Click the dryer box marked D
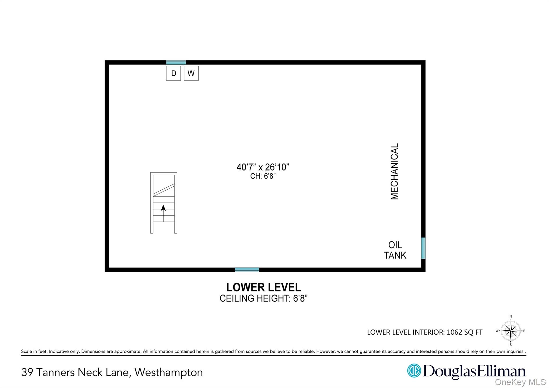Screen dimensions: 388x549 [x=173, y=73]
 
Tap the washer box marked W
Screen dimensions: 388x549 [x=191, y=73]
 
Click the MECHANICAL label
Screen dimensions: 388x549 [x=394, y=172]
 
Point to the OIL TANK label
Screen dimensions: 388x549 [x=395, y=250]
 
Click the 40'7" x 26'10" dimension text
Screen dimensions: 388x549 [x=263, y=167]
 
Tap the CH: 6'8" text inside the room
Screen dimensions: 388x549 [x=263, y=176]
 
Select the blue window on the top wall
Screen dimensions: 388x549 [x=176, y=62]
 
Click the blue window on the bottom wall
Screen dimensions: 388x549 [x=247, y=270]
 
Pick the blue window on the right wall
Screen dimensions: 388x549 [x=423, y=248]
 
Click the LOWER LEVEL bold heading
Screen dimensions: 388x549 [x=264, y=287]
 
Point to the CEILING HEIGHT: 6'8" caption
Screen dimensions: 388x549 [x=264, y=298]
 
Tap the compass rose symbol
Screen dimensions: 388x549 [x=511, y=331]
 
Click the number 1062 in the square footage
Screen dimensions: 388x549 [x=454, y=332]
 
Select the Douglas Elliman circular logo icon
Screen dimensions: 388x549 [x=414, y=371]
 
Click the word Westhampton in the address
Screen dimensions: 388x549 [x=169, y=372]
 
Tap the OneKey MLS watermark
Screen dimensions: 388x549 [x=520, y=382]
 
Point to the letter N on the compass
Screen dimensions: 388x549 [x=511, y=317]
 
